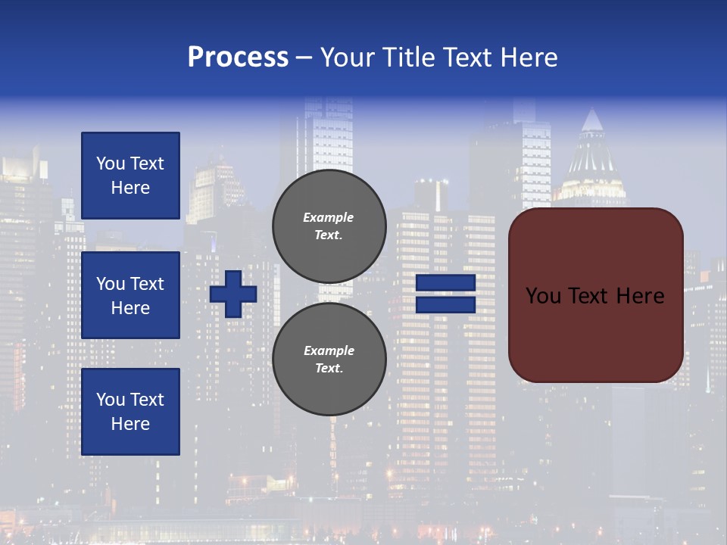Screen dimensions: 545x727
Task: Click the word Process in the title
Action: pyautogui.click(x=238, y=58)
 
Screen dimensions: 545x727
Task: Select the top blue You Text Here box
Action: pyautogui.click(x=130, y=176)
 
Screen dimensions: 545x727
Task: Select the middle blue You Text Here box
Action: pyautogui.click(x=130, y=295)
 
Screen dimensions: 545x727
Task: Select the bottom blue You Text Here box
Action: pyautogui.click(x=130, y=412)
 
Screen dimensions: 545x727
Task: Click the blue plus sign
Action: pyautogui.click(x=233, y=294)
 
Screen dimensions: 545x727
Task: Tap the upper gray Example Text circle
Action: pyautogui.click(x=329, y=226)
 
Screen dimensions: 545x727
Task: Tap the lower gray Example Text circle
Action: pyautogui.click(x=329, y=359)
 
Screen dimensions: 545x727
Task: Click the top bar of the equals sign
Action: pyautogui.click(x=446, y=283)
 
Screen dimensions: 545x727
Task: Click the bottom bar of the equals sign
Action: pyautogui.click(x=446, y=305)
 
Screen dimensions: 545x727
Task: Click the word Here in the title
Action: pyautogui.click(x=530, y=58)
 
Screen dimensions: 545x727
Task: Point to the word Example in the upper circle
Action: pyautogui.click(x=329, y=217)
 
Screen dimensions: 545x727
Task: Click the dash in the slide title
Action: pyautogui.click(x=304, y=58)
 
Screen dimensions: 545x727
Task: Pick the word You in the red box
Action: pyautogui.click(x=543, y=296)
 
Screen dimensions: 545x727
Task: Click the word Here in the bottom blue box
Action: pyautogui.click(x=130, y=425)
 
